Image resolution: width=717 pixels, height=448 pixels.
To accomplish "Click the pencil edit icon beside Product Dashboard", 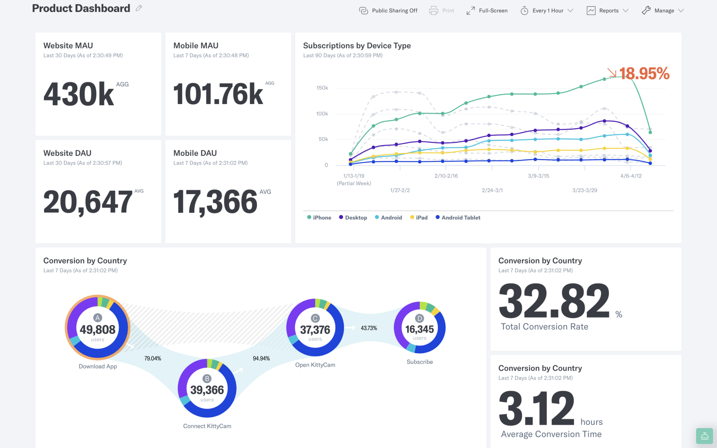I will [x=139, y=8].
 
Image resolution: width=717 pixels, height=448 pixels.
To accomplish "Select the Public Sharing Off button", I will [x=388, y=10].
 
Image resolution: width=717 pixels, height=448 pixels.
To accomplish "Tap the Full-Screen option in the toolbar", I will [x=487, y=10].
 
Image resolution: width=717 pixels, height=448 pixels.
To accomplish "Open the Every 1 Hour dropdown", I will [x=547, y=10].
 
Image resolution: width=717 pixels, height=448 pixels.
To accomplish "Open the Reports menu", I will [x=607, y=10].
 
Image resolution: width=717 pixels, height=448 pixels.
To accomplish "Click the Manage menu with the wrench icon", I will [x=662, y=10].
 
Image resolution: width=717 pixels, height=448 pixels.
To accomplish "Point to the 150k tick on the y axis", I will [x=322, y=88].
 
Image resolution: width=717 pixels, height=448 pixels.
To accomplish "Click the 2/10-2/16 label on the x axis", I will [x=446, y=176].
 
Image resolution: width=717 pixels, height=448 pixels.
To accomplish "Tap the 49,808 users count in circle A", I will [x=98, y=329].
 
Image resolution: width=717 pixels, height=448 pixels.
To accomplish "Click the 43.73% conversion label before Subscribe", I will [x=369, y=328].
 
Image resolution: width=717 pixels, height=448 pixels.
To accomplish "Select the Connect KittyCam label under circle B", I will [x=207, y=426].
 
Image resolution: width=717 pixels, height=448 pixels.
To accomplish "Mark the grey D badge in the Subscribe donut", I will [x=419, y=318].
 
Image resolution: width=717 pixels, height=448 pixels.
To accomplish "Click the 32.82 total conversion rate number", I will [x=554, y=301].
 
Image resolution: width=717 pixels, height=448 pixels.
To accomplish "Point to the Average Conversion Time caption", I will [x=551, y=434].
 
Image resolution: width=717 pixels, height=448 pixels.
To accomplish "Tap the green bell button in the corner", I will [x=704, y=436].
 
